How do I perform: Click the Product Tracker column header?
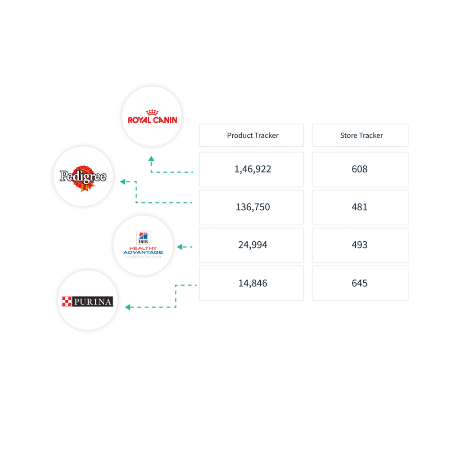click(x=251, y=135)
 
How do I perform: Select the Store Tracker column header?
click(x=360, y=135)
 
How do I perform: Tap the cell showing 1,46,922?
click(x=251, y=169)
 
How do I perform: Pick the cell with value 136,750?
click(x=251, y=207)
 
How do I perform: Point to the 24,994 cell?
click(x=251, y=245)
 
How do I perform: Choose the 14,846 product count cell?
click(x=251, y=283)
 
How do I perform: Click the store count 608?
click(x=360, y=169)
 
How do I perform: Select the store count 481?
click(x=360, y=207)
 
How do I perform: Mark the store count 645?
click(x=360, y=283)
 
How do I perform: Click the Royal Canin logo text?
click(x=152, y=120)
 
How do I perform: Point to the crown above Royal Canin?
click(x=152, y=112)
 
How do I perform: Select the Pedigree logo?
click(x=83, y=177)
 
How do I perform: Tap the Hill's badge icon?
click(x=143, y=238)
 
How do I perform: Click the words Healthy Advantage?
click(x=143, y=250)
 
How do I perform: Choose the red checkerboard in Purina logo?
click(x=67, y=301)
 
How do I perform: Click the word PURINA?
click(x=93, y=302)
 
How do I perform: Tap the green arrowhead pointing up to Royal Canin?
click(x=151, y=159)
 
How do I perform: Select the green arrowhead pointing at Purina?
click(x=127, y=307)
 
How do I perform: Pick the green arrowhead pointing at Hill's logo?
click(x=180, y=247)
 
